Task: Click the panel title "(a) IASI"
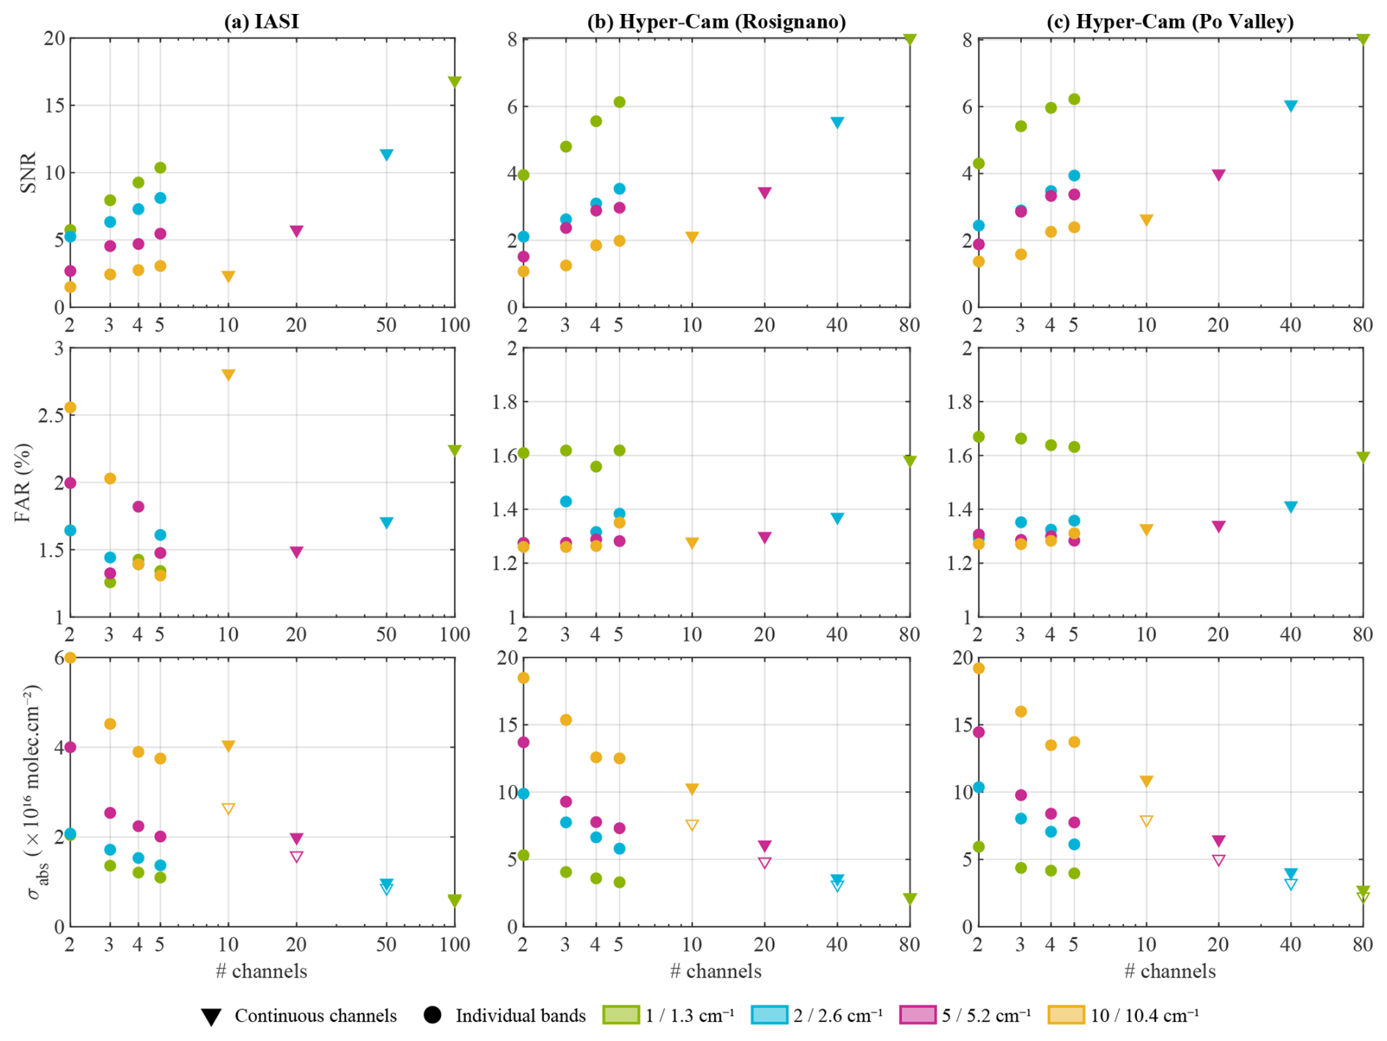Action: (x=261, y=21)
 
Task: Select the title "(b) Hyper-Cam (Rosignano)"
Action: (x=716, y=21)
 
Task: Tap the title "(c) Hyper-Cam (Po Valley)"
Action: (x=1170, y=21)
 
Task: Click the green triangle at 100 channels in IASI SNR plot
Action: (x=455, y=81)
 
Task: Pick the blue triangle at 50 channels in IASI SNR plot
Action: (x=386, y=154)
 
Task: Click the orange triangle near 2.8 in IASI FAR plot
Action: (x=228, y=375)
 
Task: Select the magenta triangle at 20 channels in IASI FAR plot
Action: (x=296, y=552)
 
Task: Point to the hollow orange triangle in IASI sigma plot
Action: (x=228, y=808)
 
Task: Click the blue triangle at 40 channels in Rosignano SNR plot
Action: (x=837, y=122)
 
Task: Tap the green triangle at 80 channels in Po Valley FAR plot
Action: (x=1363, y=456)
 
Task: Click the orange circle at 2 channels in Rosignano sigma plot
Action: (x=523, y=678)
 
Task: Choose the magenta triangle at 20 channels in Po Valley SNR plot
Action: (x=1218, y=175)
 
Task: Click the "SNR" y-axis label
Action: (x=28, y=172)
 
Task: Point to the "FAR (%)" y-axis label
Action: (x=23, y=482)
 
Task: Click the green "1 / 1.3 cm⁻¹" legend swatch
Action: (x=620, y=1015)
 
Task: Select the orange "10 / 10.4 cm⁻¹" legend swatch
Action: (x=1066, y=1015)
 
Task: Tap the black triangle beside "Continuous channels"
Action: (x=211, y=1017)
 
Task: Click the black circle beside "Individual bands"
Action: (x=433, y=1015)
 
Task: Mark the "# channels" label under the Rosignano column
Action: (x=715, y=971)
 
